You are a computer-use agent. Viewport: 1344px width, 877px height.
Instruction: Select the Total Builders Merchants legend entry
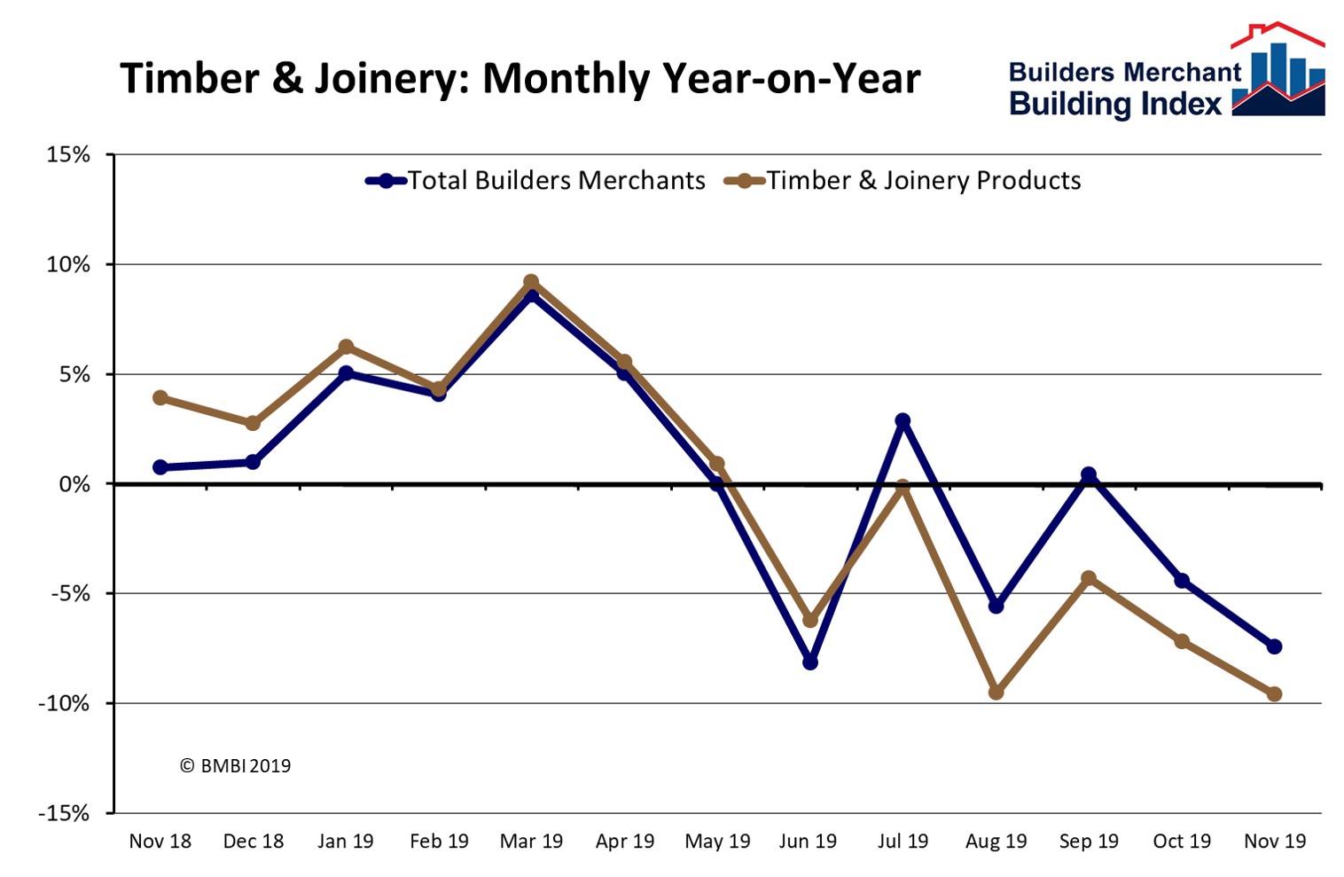tap(536, 181)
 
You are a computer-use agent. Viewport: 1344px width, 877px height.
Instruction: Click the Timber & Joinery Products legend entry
tap(903, 181)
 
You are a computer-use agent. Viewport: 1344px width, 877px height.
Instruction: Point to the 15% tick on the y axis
tap(69, 155)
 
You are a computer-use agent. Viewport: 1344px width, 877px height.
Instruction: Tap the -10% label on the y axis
tap(64, 704)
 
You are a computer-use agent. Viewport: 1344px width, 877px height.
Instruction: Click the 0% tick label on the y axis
tap(74, 484)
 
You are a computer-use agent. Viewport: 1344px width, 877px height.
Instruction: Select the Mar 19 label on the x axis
tap(531, 841)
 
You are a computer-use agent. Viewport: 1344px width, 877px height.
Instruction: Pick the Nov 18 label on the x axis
tap(160, 841)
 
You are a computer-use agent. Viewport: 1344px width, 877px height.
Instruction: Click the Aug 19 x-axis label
tap(996, 841)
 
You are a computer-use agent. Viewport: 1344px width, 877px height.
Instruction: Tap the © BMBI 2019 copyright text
tap(235, 765)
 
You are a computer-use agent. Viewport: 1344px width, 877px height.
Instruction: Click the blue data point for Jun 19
tap(809, 662)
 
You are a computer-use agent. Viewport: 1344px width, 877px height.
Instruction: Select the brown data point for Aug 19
tap(996, 692)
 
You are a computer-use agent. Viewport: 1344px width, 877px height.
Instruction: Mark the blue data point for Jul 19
tap(903, 420)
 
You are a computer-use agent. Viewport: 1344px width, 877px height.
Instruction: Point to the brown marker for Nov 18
tap(160, 397)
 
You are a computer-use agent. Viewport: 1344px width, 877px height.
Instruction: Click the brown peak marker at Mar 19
tap(531, 282)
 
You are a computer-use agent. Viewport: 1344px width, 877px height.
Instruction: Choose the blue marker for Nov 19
tap(1274, 646)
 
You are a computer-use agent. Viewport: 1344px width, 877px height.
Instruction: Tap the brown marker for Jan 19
tap(346, 347)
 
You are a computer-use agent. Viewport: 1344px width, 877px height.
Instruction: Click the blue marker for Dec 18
tap(253, 462)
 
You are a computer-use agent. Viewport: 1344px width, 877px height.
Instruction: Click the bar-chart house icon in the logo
tap(1278, 73)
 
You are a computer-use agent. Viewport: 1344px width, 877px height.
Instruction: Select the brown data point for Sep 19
tap(1089, 578)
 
